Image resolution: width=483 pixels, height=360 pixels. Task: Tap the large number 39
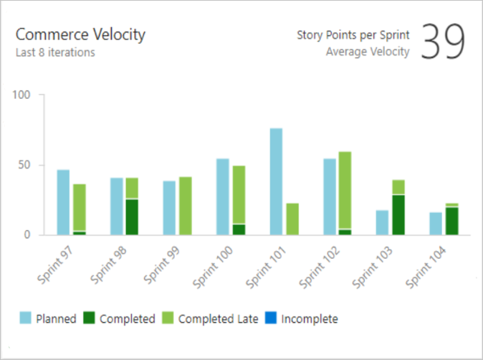tap(443, 42)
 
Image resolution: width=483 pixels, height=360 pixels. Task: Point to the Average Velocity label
tap(368, 51)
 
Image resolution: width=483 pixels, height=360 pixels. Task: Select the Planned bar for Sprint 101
tap(276, 181)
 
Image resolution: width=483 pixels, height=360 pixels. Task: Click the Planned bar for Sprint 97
tap(63, 202)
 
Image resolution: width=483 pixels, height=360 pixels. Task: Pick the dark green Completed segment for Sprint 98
tap(132, 217)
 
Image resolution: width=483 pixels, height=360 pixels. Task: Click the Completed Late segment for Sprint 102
tap(344, 190)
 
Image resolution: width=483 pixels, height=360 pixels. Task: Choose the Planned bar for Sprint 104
tap(436, 223)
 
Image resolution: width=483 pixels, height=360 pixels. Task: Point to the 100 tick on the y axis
tap(26, 95)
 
